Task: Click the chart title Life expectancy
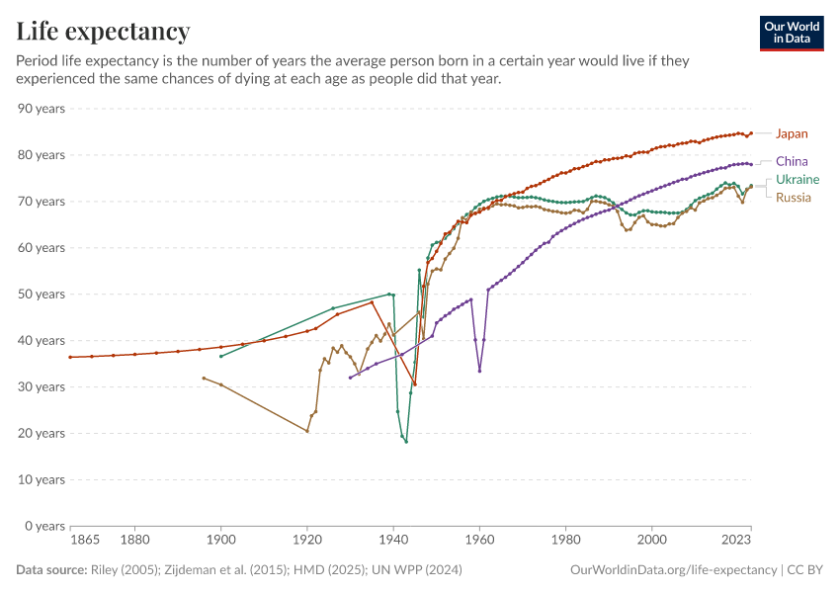tap(103, 32)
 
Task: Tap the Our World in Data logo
tap(792, 33)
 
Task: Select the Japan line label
tap(792, 133)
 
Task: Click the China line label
tap(792, 161)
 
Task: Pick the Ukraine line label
tap(797, 180)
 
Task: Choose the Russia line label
tap(794, 198)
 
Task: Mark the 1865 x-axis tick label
tap(85, 541)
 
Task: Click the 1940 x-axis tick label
tap(393, 541)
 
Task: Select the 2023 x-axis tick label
tap(736, 541)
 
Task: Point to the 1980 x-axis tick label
tap(565, 541)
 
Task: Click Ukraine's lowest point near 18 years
tap(406, 442)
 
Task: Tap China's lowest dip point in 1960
tap(479, 371)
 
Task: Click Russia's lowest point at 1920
tap(307, 431)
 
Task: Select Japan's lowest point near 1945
tap(415, 384)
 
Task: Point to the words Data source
tap(49, 570)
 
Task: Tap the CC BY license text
tap(805, 570)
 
